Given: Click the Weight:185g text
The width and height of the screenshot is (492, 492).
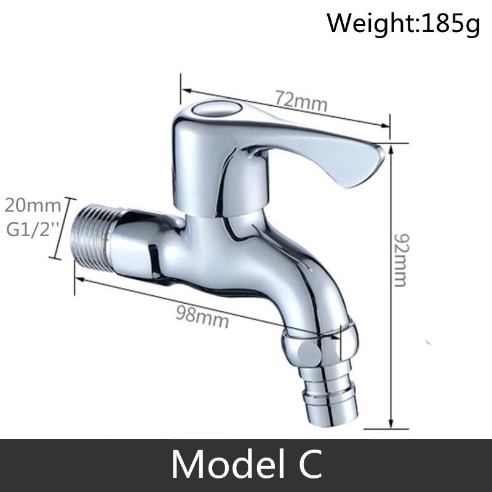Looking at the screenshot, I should pos(403,24).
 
